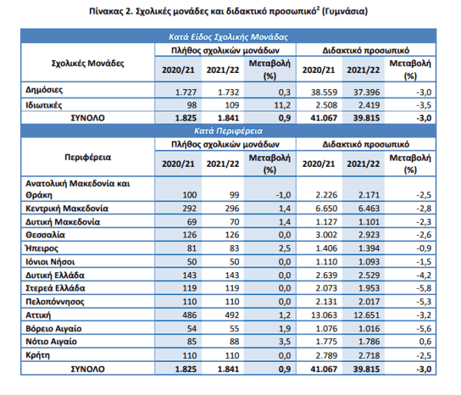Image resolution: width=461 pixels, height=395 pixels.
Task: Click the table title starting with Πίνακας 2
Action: pos(228,12)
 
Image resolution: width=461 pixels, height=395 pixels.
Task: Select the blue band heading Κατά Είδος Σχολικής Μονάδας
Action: pos(228,37)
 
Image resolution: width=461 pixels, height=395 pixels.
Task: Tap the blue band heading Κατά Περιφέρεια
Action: pos(228,131)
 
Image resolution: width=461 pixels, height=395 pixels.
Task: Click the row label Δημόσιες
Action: pos(44,90)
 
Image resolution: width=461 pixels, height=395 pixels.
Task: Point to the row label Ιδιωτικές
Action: pos(44,105)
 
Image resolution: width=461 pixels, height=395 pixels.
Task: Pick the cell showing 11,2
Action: pos(282,105)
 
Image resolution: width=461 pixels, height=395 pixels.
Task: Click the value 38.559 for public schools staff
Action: pos(324,92)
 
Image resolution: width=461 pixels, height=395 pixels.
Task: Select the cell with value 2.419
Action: pos(366,105)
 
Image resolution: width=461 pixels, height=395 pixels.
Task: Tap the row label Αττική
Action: pos(38,315)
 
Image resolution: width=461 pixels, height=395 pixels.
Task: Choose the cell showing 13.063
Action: pos(324,315)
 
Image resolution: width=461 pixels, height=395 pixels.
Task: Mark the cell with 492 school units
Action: pos(232,315)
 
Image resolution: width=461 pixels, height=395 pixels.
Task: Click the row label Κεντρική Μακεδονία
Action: pos(67,208)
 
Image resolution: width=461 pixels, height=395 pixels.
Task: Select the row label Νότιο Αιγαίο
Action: pos(51,342)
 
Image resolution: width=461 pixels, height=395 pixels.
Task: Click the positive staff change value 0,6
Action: pos(426,341)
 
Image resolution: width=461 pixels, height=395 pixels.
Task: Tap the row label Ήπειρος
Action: pos(41,248)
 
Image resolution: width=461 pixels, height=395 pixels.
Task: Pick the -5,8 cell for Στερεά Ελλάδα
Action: pos(423,288)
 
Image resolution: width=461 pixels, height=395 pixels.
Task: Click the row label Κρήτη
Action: pos(38,355)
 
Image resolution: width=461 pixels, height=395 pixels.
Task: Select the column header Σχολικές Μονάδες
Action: pos(88,63)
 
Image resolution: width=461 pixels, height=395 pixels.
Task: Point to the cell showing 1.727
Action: pos(186,92)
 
